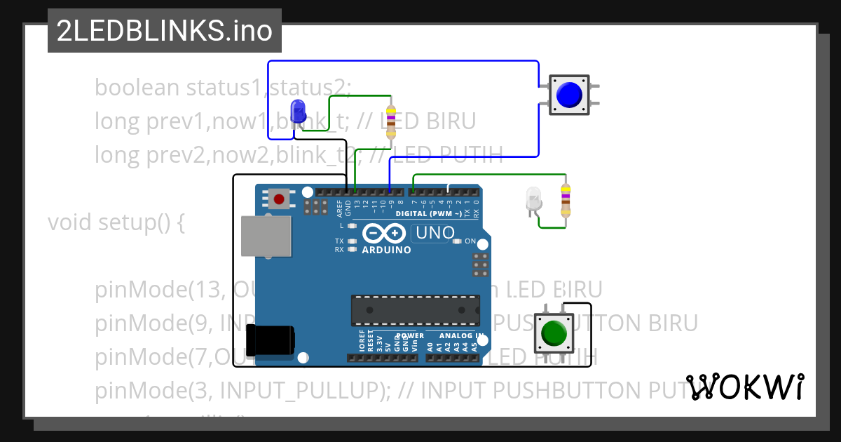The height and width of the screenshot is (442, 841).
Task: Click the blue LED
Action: (298, 111)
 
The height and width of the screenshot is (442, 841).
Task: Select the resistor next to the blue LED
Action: (391, 120)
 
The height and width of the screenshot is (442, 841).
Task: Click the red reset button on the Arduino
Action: (279, 200)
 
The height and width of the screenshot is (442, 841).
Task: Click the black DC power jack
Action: (274, 340)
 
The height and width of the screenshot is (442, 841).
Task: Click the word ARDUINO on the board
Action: (386, 250)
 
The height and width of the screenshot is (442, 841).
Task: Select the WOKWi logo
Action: (744, 387)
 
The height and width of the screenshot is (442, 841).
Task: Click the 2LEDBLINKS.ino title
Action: (164, 32)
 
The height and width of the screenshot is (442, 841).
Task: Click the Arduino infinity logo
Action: (384, 233)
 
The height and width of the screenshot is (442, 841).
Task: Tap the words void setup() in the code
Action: (116, 222)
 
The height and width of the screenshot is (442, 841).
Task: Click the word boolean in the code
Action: (137, 88)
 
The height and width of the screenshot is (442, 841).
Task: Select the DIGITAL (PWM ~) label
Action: (429, 213)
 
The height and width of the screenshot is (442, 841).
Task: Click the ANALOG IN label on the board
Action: (459, 335)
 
